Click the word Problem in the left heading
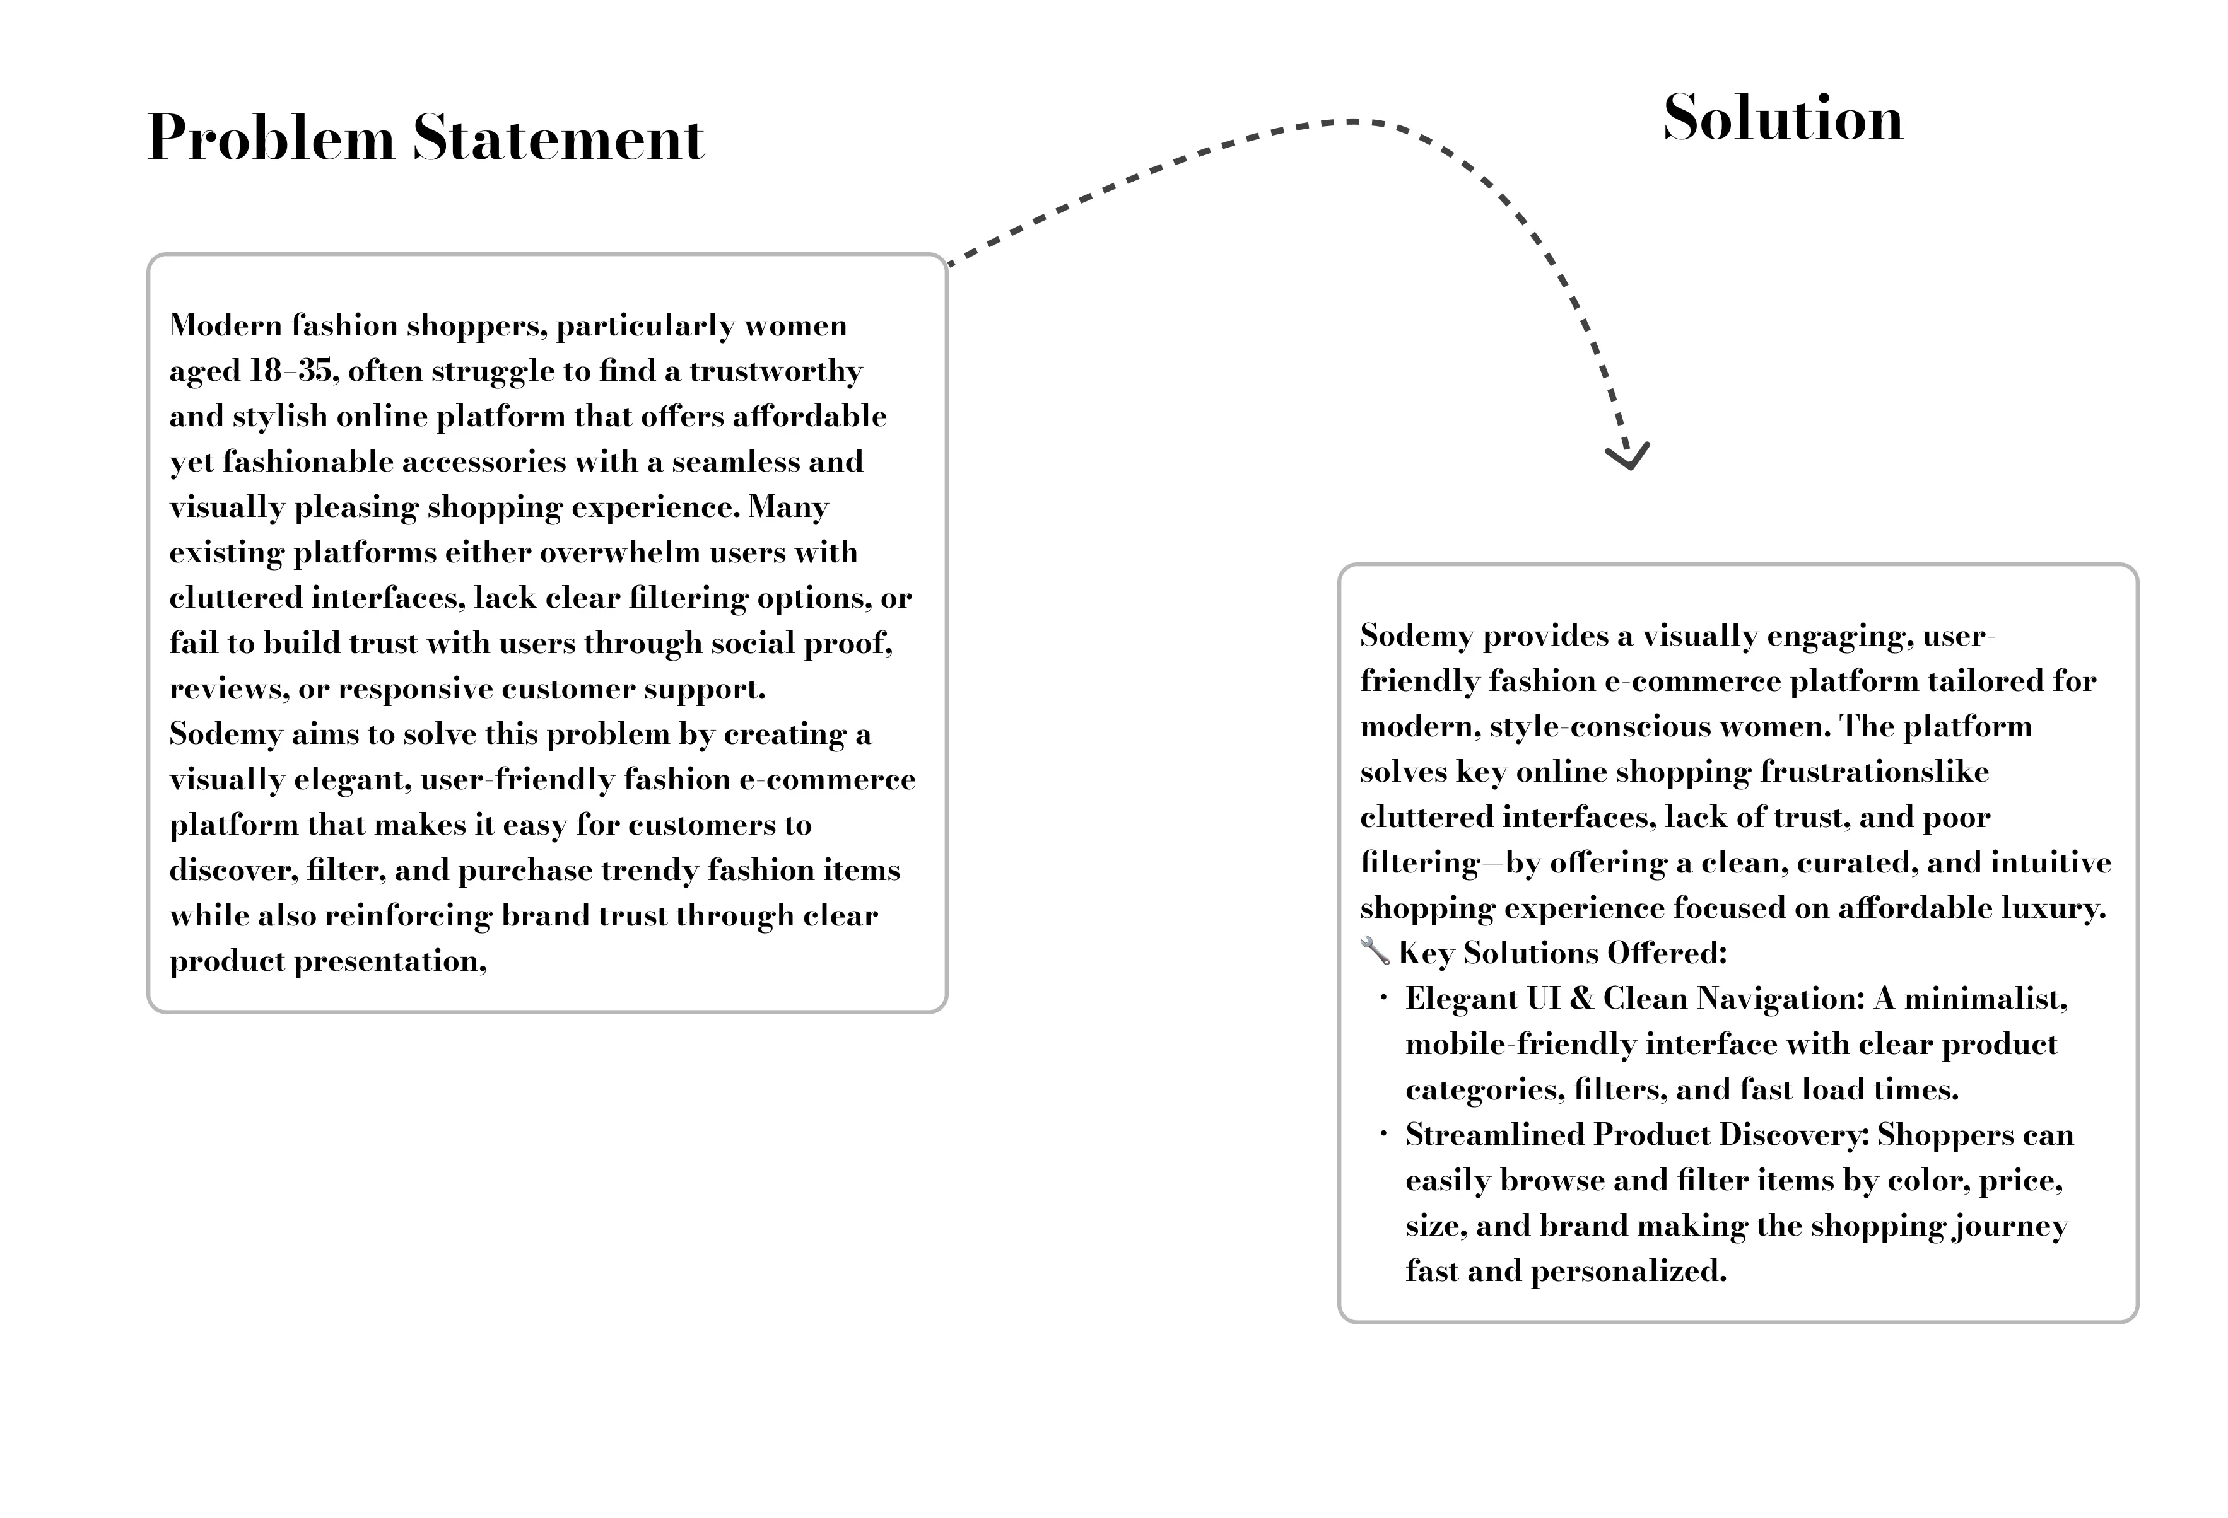(271, 139)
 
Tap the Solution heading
(1782, 119)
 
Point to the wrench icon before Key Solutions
(1375, 952)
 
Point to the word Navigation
(1780, 999)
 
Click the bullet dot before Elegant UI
(1383, 999)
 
